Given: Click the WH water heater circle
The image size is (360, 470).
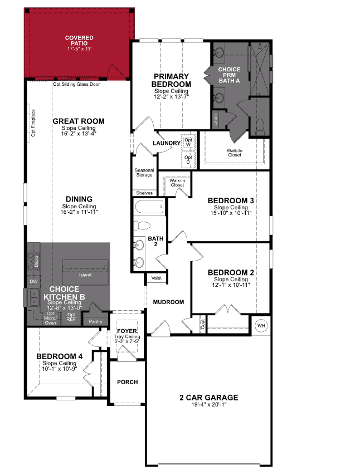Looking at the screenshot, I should coord(261,325).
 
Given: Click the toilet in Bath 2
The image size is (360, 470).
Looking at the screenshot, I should coord(142,226).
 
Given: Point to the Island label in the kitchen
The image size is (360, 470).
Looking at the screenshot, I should coord(85,274).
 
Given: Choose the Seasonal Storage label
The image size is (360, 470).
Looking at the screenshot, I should coord(144,173).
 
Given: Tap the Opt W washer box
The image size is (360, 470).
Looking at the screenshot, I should coord(188,143).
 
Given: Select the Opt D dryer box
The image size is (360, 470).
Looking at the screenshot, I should coord(188,159).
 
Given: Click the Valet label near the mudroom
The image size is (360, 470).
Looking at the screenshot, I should coord(155,277).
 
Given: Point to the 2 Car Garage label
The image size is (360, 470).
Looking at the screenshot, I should coord(208,398).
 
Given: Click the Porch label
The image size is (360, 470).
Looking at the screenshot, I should coord(127,382).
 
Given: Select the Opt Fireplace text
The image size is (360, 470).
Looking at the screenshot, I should coord(33,122).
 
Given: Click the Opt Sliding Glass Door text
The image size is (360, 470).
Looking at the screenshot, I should coord(76,85).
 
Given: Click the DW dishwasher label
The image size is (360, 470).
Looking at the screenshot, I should coord(33,282).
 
